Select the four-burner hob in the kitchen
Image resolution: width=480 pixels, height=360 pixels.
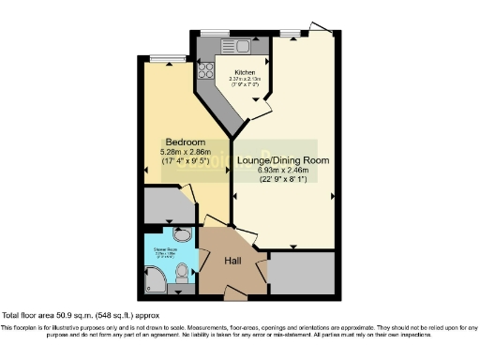(205, 68)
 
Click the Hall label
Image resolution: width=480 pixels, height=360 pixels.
(233, 261)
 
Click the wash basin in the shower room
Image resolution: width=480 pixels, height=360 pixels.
(183, 235)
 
